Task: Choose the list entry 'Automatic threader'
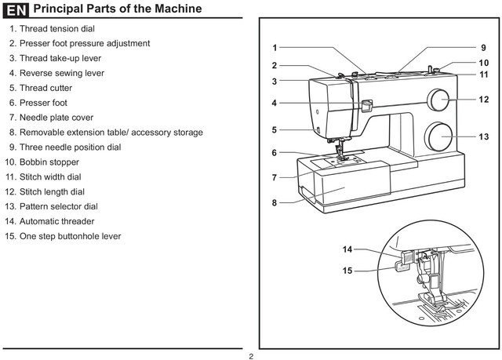click(56, 221)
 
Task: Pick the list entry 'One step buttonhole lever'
click(70, 236)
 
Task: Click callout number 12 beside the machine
click(484, 100)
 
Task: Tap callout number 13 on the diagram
click(484, 136)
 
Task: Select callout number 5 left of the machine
click(275, 129)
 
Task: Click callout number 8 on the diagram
click(275, 202)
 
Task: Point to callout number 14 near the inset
click(347, 249)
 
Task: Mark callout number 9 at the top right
click(484, 48)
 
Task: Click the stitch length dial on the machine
click(438, 100)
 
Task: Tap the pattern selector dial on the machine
click(439, 136)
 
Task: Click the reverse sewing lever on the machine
click(366, 104)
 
